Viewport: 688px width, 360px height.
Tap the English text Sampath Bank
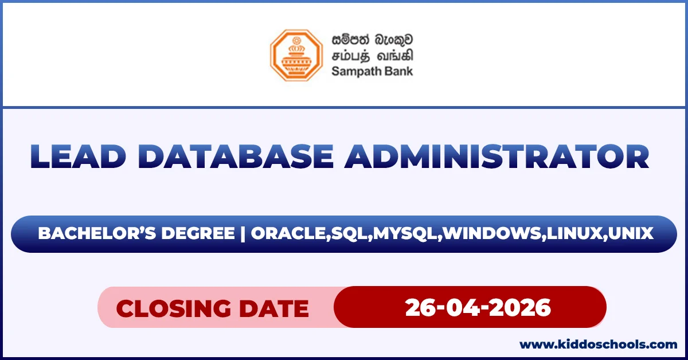coord(372,72)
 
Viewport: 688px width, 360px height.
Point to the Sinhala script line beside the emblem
coord(372,40)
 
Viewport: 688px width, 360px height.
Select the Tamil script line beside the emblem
coord(372,56)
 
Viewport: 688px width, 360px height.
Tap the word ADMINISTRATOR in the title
coord(496,156)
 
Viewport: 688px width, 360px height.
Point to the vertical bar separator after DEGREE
coord(243,234)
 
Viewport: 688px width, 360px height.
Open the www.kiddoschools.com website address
coord(598,345)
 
